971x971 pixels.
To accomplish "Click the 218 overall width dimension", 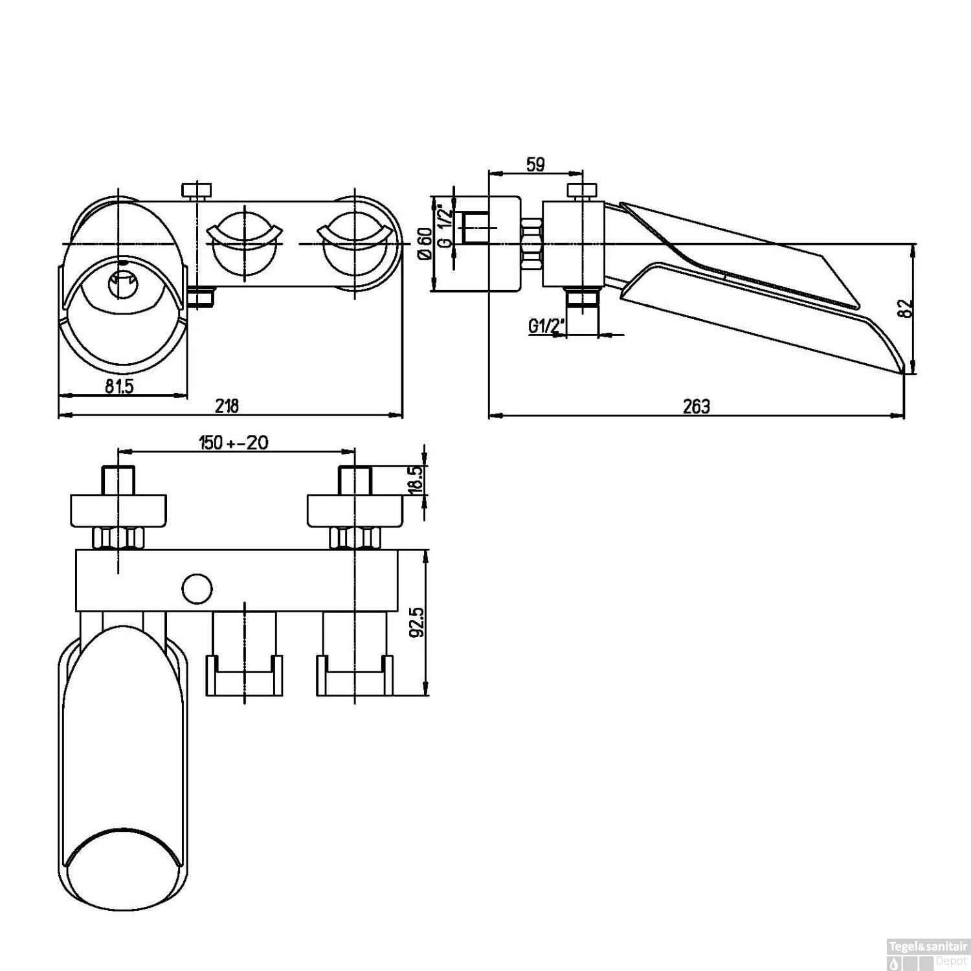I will [x=227, y=406].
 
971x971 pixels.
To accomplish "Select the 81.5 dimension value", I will [x=119, y=386].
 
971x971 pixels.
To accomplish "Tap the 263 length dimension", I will [x=696, y=406].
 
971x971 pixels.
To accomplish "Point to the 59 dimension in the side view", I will [x=535, y=164].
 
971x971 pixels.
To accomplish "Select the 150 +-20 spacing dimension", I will [x=234, y=443].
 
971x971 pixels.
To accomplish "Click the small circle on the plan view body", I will [x=197, y=588].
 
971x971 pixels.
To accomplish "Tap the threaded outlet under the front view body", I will [x=203, y=298].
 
